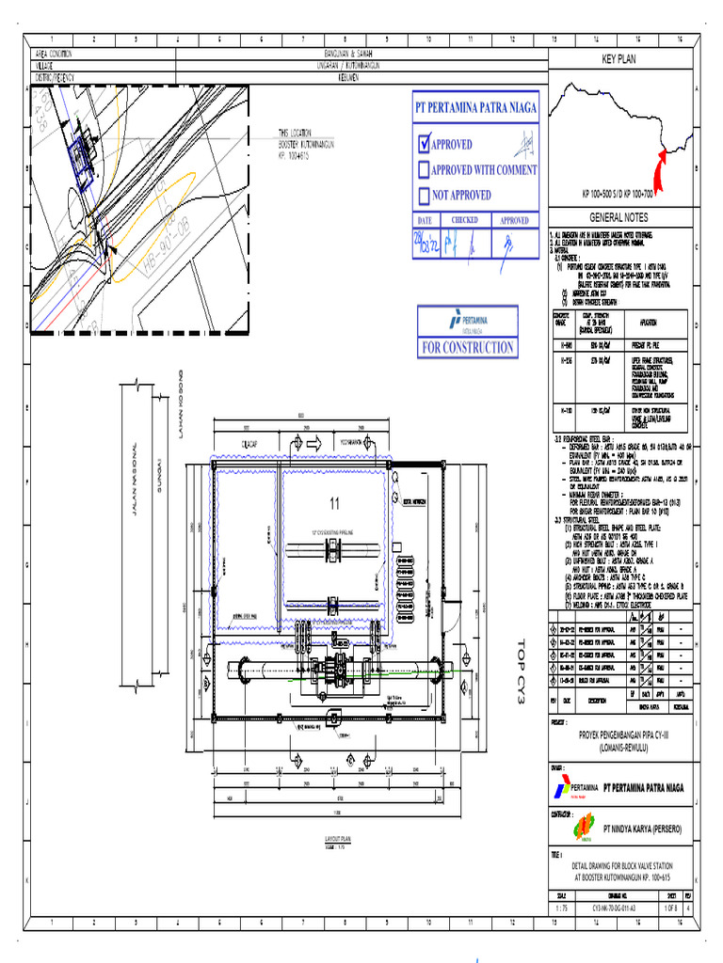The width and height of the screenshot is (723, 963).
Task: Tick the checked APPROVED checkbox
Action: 425,144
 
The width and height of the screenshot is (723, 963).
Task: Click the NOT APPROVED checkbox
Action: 425,196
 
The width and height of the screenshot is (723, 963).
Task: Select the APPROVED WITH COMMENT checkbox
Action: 425,170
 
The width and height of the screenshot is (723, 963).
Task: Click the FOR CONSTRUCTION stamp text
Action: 468,347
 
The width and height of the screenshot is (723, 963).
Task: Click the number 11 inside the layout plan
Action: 333,504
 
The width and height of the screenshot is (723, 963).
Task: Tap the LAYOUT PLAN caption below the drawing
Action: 337,838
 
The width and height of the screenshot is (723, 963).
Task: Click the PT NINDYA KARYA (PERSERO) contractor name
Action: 643,829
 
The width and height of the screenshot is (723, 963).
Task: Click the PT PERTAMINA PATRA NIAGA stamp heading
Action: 476,107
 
